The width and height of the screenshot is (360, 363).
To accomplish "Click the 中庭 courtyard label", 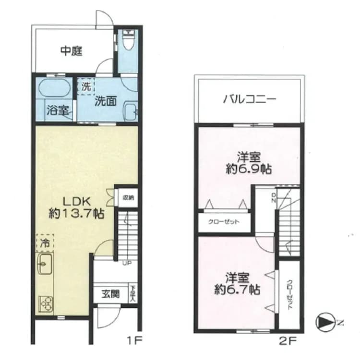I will (x=72, y=51).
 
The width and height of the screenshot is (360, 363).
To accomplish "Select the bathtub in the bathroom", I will (x=53, y=89).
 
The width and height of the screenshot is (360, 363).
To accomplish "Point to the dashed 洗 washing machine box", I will (x=85, y=87).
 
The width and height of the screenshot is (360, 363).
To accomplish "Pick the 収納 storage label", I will (x=127, y=196).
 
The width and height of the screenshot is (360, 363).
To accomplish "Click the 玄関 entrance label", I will (x=110, y=294).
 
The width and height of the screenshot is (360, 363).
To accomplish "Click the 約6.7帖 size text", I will (x=236, y=290).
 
